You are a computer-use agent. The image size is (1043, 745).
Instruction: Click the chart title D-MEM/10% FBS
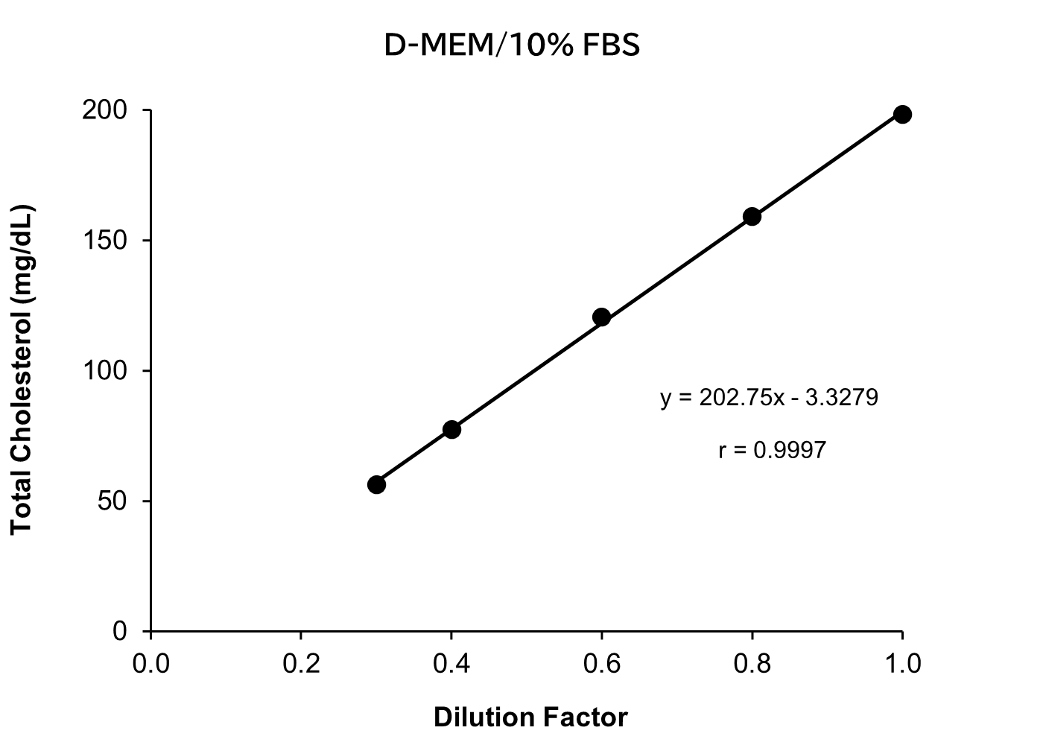512,46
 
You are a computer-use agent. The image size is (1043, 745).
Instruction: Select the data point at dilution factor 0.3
376,484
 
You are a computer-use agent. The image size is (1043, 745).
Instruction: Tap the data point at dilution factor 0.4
451,429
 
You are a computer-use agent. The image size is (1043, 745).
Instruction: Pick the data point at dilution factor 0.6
601,317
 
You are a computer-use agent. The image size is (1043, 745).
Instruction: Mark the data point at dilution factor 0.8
752,216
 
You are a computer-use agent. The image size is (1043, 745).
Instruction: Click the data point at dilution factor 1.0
902,114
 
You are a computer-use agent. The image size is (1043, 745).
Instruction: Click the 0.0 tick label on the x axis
151,663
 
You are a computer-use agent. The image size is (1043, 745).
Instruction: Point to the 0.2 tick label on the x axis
301,663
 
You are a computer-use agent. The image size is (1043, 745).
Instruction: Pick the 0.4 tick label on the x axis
451,663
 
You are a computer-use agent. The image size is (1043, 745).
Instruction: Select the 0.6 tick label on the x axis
602,663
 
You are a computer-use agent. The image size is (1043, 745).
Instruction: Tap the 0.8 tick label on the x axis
752,663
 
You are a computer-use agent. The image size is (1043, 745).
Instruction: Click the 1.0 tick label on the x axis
902,663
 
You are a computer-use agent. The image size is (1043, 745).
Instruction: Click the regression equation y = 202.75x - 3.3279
769,398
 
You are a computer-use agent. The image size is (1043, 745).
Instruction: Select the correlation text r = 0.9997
773,450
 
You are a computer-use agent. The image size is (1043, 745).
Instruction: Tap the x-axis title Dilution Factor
530,717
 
